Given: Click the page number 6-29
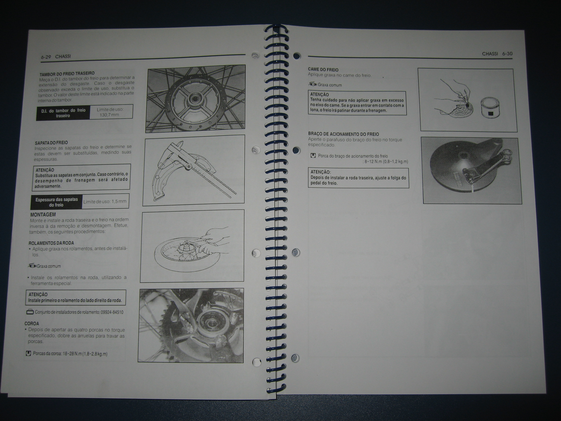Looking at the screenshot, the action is [46, 57].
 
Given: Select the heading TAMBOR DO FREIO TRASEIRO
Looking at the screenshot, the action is [67, 74].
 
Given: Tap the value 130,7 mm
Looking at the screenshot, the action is [109, 115].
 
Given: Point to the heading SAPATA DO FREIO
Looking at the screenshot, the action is [51, 143].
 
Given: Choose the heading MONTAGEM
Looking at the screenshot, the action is [43, 215].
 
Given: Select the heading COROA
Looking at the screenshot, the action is [32, 324].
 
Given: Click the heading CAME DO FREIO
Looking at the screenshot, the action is [323, 70].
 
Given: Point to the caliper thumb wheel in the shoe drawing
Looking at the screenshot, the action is [188, 166].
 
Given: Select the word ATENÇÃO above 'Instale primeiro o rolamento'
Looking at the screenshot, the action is [38, 294].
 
